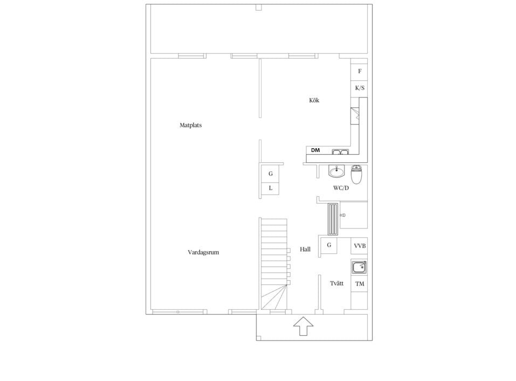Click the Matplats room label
(190, 125)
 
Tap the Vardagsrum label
(203, 252)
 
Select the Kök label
(314, 100)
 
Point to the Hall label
(305, 250)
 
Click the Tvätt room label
(336, 283)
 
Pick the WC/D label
(341, 188)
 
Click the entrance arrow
(303, 326)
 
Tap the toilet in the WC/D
(356, 175)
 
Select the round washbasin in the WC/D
(336, 171)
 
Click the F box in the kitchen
(359, 71)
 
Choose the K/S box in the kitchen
(359, 88)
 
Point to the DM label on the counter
(315, 150)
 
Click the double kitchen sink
(340, 151)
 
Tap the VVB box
(359, 246)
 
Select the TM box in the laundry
(359, 283)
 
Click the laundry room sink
(359, 267)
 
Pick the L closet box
(270, 188)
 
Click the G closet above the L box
(270, 174)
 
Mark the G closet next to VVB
(329, 245)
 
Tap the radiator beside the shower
(333, 219)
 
